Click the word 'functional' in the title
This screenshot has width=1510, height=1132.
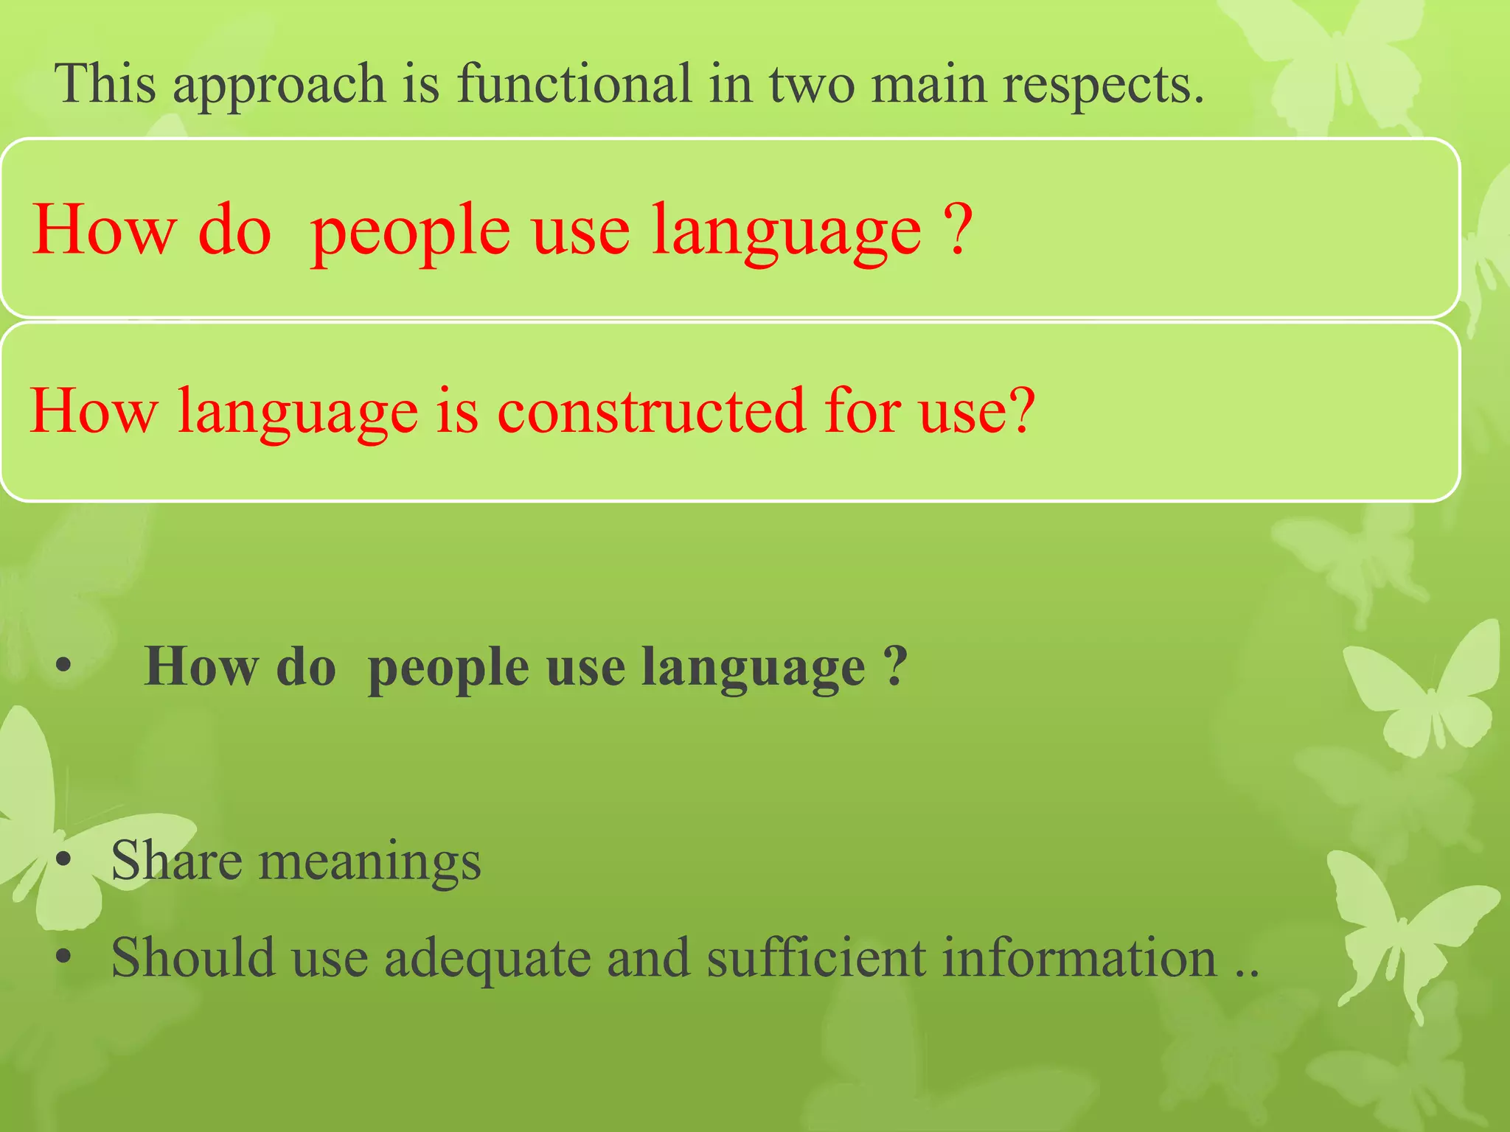(x=574, y=84)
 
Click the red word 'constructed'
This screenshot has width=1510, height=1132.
(x=650, y=411)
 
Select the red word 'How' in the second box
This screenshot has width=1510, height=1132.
(x=94, y=411)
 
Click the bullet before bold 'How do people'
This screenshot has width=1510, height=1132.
(x=63, y=666)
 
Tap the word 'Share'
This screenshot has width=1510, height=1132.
(x=176, y=861)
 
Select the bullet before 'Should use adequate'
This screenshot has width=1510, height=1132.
(x=63, y=957)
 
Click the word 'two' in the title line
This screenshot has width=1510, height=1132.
(x=811, y=84)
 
